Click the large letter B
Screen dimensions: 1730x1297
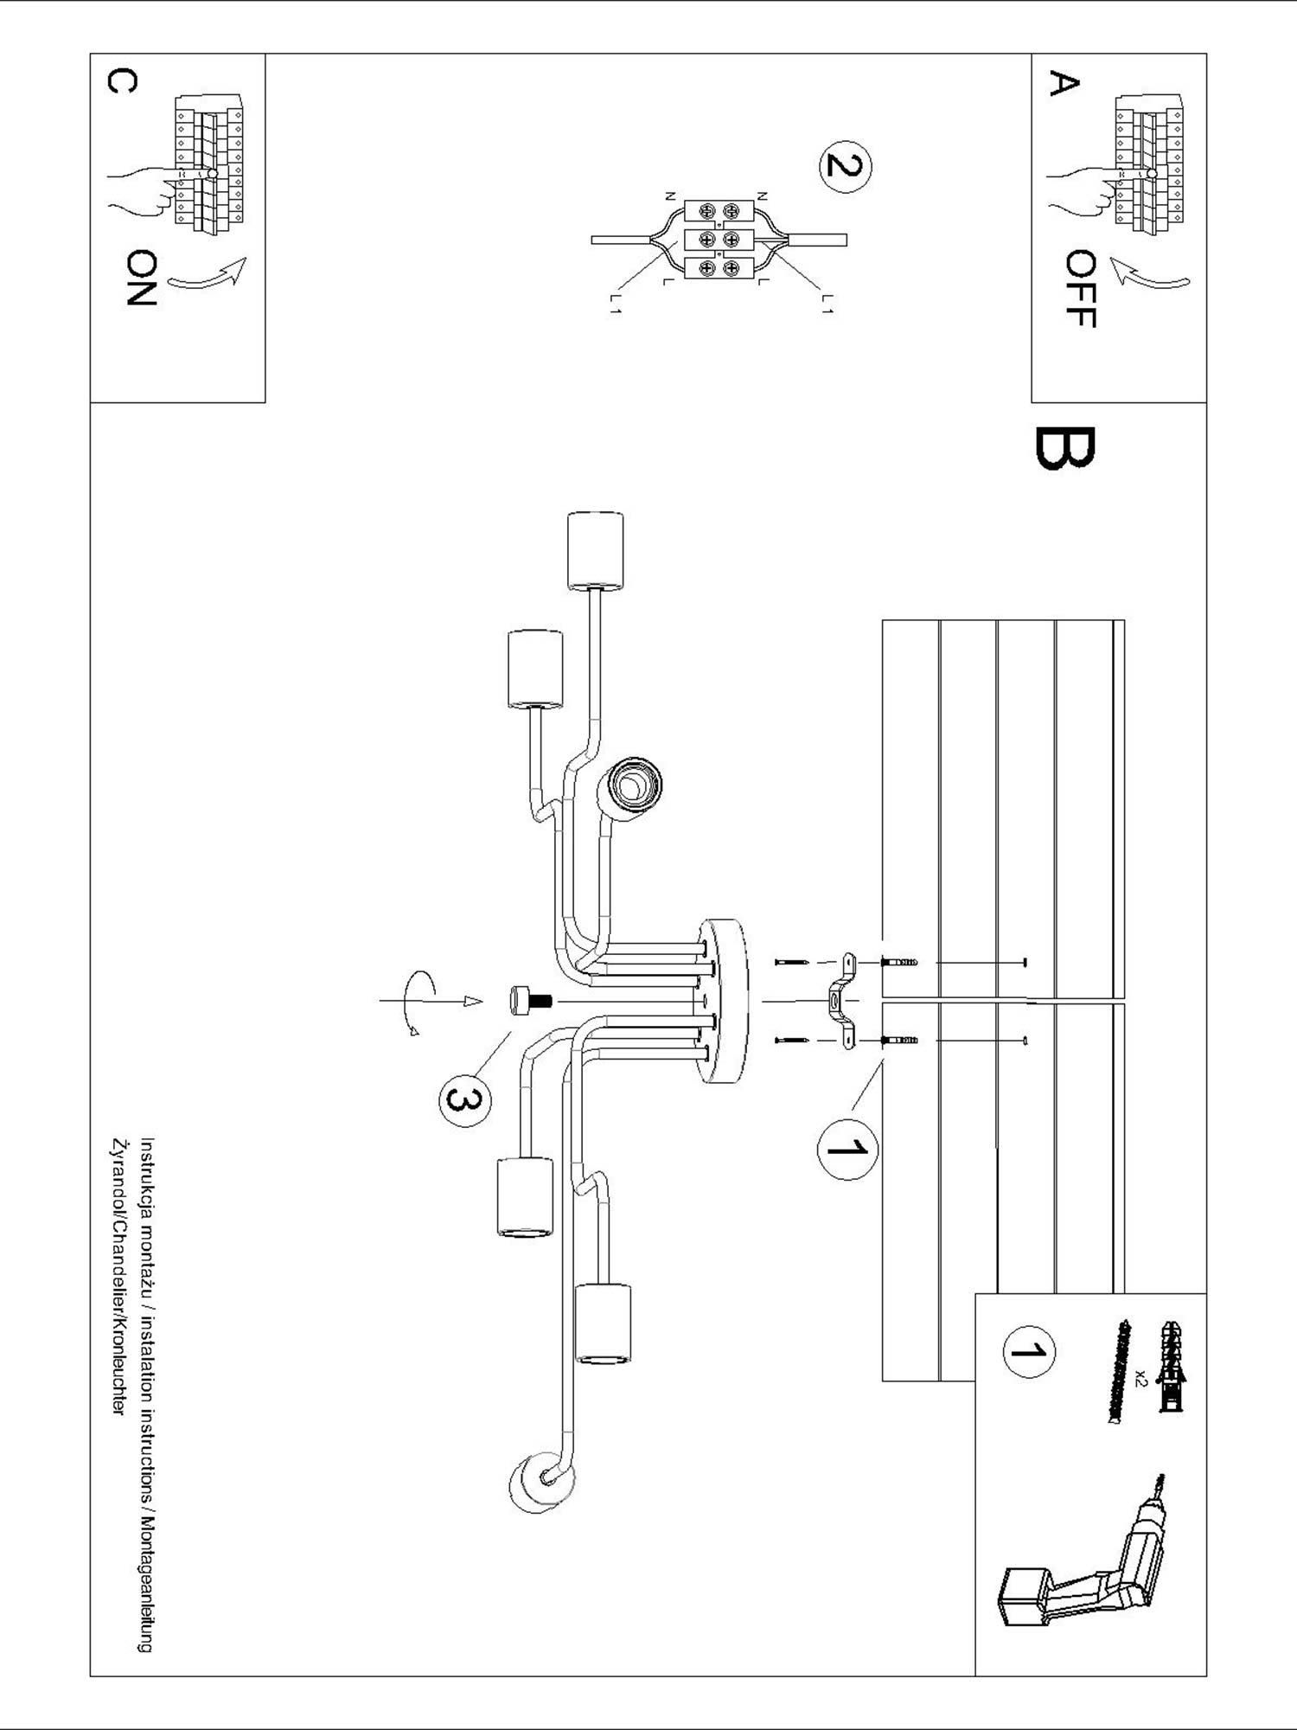coord(1064,449)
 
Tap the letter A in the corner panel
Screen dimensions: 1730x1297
coord(1064,84)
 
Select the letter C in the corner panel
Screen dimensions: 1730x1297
coord(122,81)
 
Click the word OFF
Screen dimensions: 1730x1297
coord(1081,289)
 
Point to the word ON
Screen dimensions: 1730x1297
coord(140,278)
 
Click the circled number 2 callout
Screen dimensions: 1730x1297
coord(846,164)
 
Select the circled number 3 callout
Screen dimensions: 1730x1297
coord(463,1099)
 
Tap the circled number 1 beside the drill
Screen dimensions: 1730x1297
coord(1028,1351)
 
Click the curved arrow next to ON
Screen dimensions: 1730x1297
coord(208,274)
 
